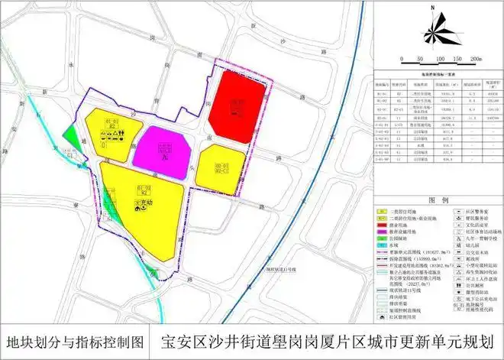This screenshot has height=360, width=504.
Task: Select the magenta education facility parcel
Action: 163,149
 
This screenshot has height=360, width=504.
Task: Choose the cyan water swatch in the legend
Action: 383,247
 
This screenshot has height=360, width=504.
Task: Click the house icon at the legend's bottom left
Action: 383,312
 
